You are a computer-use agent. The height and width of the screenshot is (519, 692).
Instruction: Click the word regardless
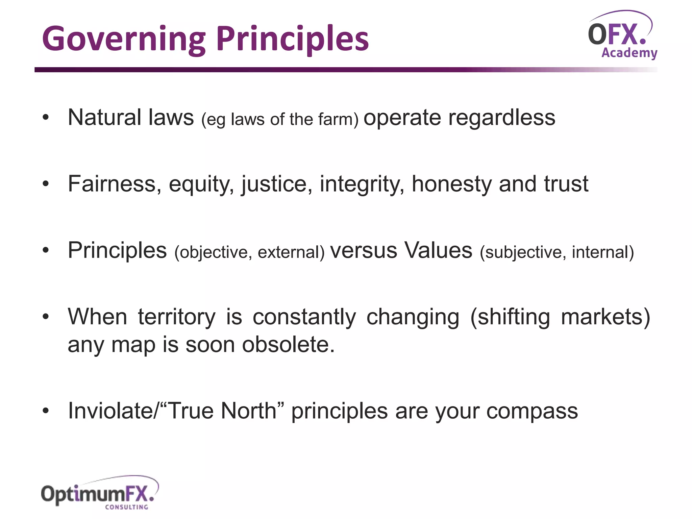tap(501, 118)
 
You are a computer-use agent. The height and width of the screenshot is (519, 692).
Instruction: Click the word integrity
tap(362, 184)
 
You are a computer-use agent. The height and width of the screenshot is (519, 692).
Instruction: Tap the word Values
tap(438, 250)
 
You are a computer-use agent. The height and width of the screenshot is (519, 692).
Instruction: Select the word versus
tap(364, 251)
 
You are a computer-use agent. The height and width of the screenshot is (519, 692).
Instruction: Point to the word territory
tap(177, 317)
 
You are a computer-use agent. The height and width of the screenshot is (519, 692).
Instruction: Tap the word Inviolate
tap(110, 411)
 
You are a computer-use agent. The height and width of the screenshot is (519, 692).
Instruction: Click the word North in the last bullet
tap(249, 411)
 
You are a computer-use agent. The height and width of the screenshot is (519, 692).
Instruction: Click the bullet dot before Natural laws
tap(46, 118)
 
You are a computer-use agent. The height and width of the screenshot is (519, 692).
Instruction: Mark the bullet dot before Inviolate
tap(46, 411)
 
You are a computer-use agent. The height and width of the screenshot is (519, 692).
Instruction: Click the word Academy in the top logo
tap(629, 53)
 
